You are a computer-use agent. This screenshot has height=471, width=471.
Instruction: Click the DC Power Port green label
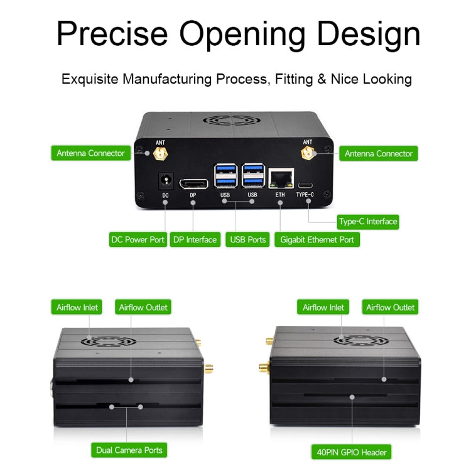click(x=138, y=239)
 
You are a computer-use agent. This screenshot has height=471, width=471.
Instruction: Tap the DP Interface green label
click(x=195, y=239)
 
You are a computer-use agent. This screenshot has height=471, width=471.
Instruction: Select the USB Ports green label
click(x=248, y=239)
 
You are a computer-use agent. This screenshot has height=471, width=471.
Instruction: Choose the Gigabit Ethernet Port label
click(x=317, y=239)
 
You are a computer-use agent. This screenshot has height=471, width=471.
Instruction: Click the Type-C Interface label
click(x=368, y=222)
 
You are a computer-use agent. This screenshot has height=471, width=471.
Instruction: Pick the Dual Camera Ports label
click(x=129, y=450)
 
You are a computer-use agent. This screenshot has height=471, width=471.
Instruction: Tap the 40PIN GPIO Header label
click(x=352, y=452)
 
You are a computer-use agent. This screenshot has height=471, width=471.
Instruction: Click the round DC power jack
click(x=166, y=180)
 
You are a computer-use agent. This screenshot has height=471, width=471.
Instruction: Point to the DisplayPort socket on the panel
click(x=194, y=184)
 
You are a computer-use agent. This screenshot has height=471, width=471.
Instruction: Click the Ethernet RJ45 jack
click(x=281, y=178)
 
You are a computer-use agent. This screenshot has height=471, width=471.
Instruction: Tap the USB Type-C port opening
click(x=305, y=185)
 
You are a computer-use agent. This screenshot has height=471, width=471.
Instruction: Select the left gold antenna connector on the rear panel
click(x=160, y=154)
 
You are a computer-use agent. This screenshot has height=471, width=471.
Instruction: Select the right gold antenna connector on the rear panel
click(x=308, y=153)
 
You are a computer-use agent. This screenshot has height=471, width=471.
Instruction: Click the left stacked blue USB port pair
click(x=225, y=176)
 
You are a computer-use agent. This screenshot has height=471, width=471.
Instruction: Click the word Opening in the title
click(x=242, y=35)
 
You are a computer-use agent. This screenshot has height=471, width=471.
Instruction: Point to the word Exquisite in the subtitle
click(x=90, y=79)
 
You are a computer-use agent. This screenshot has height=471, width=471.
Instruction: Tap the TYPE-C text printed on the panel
click(x=305, y=195)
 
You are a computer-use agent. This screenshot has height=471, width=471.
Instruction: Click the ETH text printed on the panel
click(x=280, y=195)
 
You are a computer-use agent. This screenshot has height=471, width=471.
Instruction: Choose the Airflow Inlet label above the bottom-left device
click(x=77, y=307)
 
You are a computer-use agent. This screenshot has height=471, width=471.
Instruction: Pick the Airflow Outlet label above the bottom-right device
click(x=390, y=307)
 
